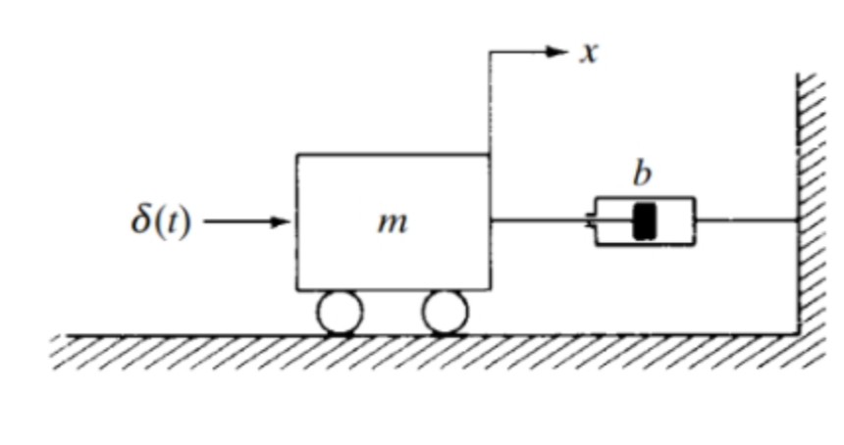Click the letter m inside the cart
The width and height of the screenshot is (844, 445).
pyautogui.click(x=393, y=223)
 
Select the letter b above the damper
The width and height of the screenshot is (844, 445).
pyautogui.click(x=642, y=174)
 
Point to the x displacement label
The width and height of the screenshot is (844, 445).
pyautogui.click(x=588, y=52)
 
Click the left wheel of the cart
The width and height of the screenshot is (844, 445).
pyautogui.click(x=340, y=313)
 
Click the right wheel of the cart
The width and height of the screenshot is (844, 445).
pyautogui.click(x=445, y=313)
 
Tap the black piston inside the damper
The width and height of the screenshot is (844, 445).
pyautogui.click(x=644, y=222)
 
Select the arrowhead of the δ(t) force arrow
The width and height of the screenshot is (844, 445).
pyautogui.click(x=284, y=222)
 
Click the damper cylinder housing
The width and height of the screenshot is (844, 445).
pyautogui.click(x=672, y=222)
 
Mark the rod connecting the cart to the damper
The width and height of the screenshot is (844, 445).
pyautogui.click(x=540, y=221)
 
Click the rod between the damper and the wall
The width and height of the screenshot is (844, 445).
pyautogui.click(x=746, y=221)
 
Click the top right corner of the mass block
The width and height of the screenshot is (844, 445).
pyautogui.click(x=490, y=154)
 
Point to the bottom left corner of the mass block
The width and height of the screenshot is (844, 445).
pyautogui.click(x=297, y=290)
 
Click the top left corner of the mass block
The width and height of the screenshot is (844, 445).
pyautogui.click(x=297, y=154)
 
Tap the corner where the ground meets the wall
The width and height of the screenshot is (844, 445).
pyautogui.click(x=797, y=334)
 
